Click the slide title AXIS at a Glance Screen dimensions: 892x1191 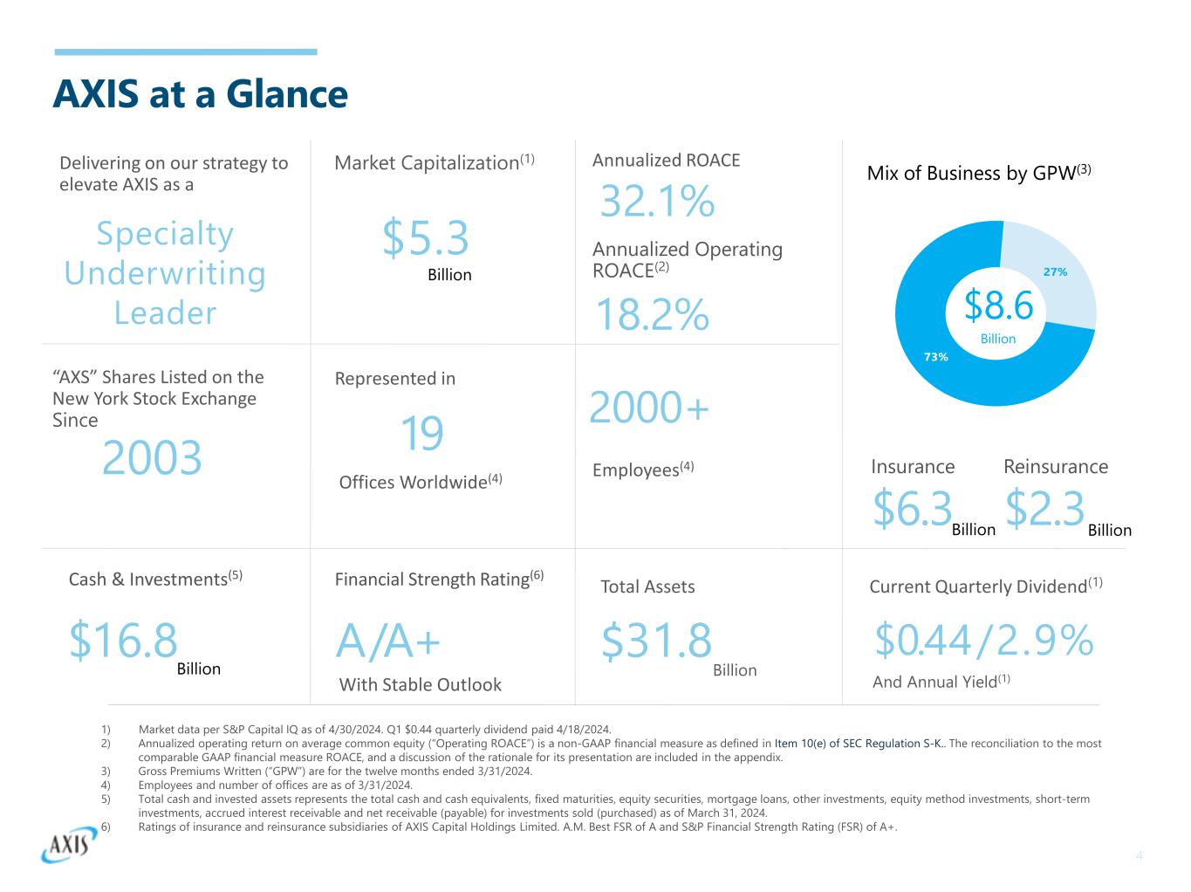200,94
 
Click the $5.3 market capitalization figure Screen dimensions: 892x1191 426,238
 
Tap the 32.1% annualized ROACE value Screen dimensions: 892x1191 657,202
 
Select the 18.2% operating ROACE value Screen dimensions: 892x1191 652,315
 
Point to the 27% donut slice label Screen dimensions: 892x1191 1055,272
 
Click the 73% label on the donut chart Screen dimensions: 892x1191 935,356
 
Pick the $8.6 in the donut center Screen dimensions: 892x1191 998,305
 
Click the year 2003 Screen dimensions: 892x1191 152,457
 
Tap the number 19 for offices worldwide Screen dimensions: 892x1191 421,434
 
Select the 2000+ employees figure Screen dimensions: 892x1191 650,408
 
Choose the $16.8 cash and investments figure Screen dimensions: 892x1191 123,641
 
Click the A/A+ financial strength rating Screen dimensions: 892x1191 388,643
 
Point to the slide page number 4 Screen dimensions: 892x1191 1139,855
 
